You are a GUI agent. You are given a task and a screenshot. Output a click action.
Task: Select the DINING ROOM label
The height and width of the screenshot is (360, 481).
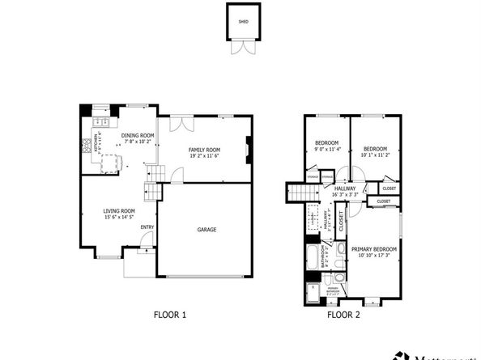[137, 135]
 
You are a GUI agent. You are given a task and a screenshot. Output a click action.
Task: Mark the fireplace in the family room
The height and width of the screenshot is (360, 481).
[249, 149]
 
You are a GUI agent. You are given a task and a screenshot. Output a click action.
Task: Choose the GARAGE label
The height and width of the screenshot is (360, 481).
[206, 229]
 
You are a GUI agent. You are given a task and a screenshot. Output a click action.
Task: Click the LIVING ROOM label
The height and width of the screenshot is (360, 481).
[119, 211]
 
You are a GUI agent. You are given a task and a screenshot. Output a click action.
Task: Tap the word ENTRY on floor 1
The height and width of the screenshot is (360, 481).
[147, 227]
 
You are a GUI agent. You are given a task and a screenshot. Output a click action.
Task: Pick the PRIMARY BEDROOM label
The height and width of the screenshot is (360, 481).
[374, 248]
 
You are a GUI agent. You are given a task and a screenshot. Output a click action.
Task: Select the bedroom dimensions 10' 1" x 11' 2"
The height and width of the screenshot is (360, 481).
[374, 154]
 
